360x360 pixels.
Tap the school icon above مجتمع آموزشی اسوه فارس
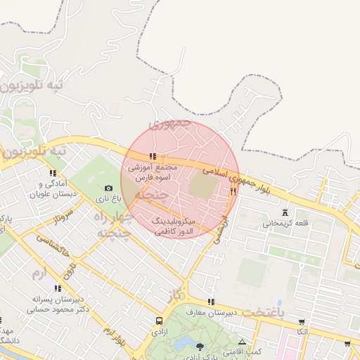153,157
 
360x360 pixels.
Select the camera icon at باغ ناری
108,188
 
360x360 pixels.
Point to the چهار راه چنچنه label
112,224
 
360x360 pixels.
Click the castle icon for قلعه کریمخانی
285,212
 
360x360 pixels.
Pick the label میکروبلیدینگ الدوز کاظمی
178,226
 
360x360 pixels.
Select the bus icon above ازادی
159,321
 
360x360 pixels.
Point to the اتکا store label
302,331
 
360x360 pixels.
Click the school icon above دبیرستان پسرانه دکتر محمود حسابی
58,288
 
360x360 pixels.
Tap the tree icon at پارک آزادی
200,346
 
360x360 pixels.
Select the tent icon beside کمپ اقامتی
242,342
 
